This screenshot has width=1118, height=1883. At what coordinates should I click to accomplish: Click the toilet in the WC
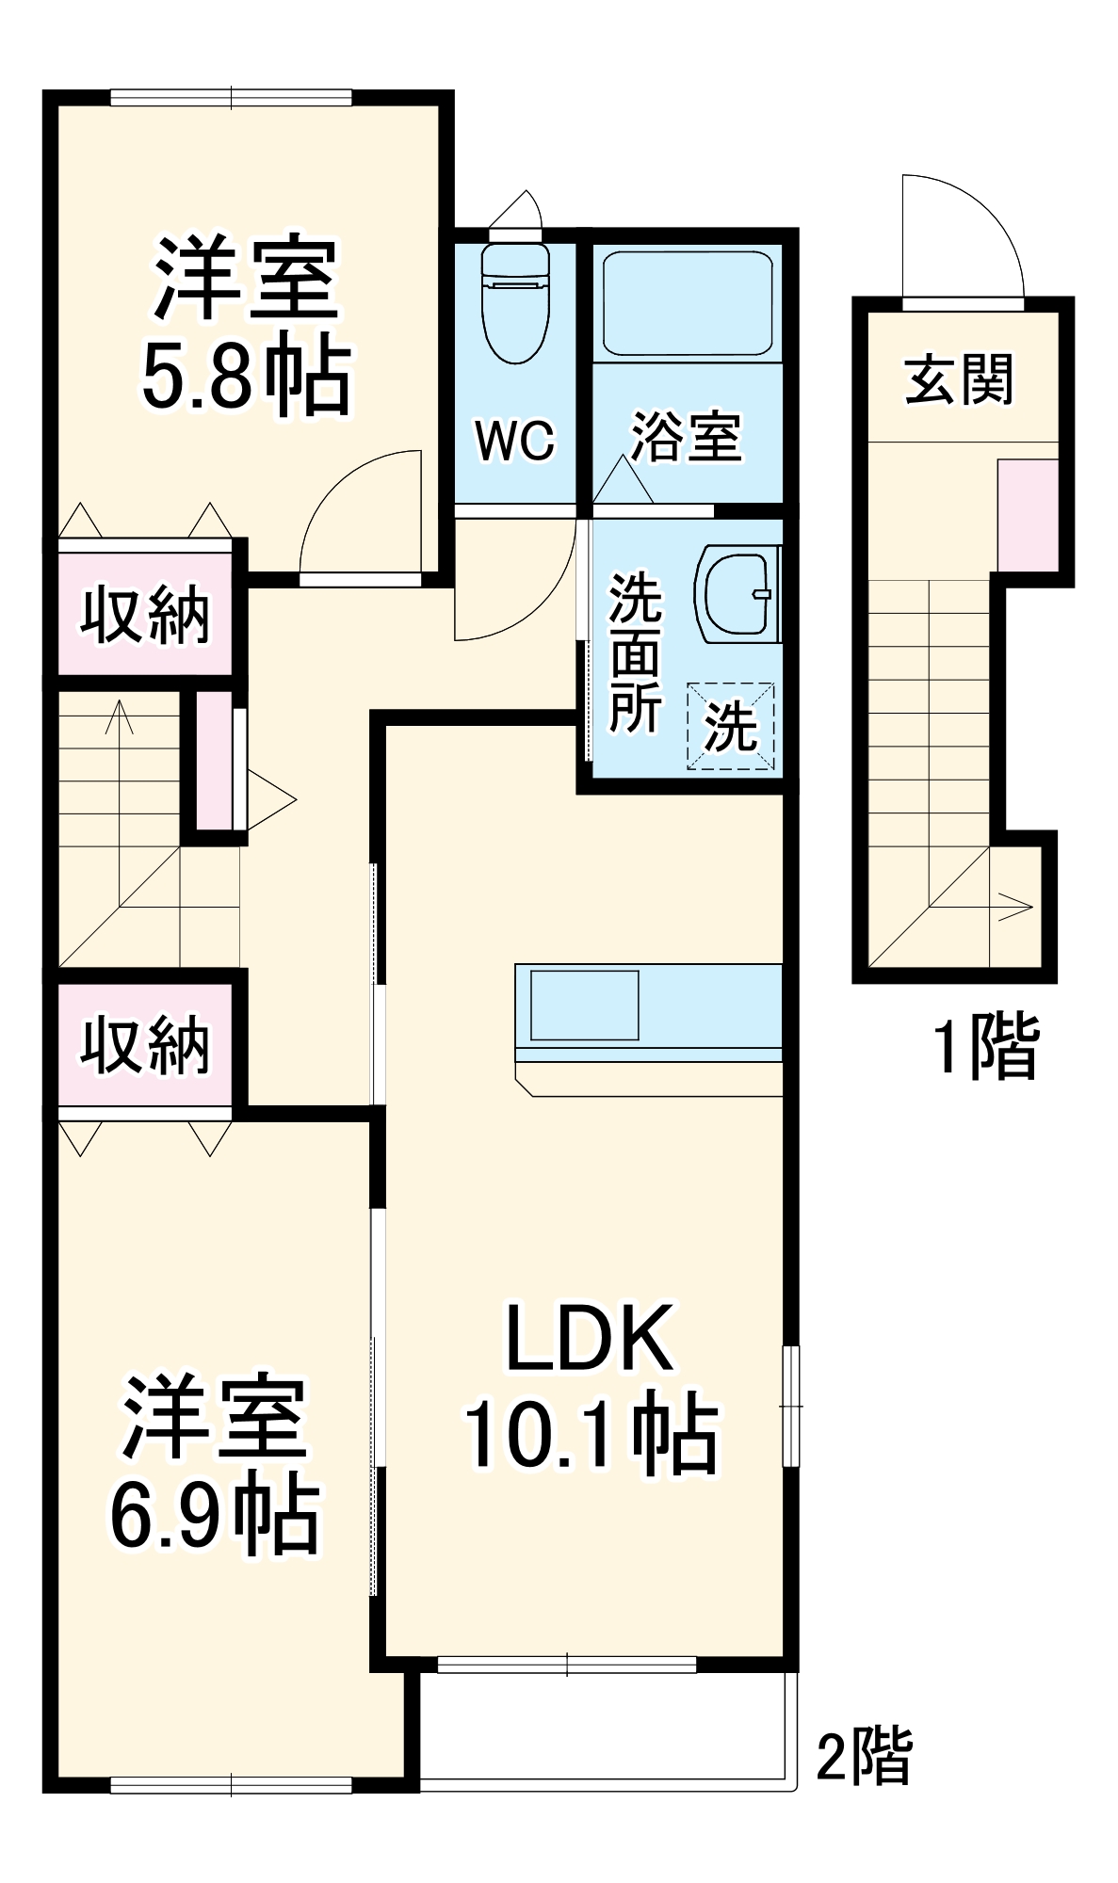[514, 306]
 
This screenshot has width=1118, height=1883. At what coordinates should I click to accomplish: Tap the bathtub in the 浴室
[688, 303]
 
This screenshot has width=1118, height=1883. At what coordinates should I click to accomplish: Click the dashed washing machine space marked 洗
[731, 726]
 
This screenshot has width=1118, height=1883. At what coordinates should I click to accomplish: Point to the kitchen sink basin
[584, 1005]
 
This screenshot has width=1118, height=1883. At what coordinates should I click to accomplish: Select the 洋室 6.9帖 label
[216, 1465]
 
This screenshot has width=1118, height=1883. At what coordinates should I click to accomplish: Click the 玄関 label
[959, 379]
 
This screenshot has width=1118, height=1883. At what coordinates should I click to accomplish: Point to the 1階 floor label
[985, 1046]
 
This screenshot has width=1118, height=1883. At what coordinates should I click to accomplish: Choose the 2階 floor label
[864, 1756]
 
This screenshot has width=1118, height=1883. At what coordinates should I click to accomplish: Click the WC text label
[515, 440]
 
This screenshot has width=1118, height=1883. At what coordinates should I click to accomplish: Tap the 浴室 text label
[687, 437]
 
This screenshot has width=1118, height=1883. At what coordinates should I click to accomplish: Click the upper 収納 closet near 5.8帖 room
[145, 616]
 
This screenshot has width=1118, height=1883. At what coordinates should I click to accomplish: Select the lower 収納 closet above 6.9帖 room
[145, 1044]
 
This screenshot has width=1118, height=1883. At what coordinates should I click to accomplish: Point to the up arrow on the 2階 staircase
[120, 718]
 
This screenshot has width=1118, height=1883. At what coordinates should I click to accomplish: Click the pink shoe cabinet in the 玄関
[1028, 515]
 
